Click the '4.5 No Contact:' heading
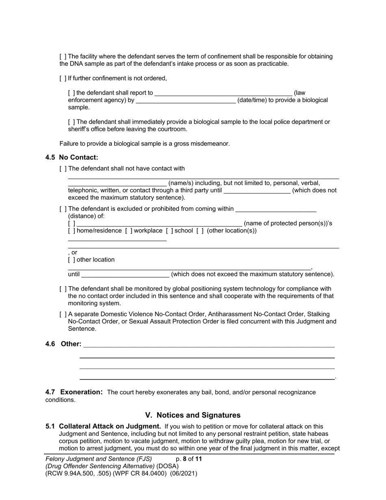click(x=72, y=157)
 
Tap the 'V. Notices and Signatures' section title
click(x=193, y=415)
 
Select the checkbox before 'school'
click(x=169, y=231)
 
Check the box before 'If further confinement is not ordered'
click(x=63, y=78)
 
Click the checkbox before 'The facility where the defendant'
click(x=63, y=57)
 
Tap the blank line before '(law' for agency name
click(x=223, y=93)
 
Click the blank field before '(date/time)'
click(x=186, y=100)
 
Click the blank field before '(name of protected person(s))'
click(x=159, y=224)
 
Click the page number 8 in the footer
click(x=184, y=459)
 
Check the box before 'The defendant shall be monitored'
click(x=63, y=289)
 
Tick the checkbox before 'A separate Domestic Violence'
click(x=63, y=314)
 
